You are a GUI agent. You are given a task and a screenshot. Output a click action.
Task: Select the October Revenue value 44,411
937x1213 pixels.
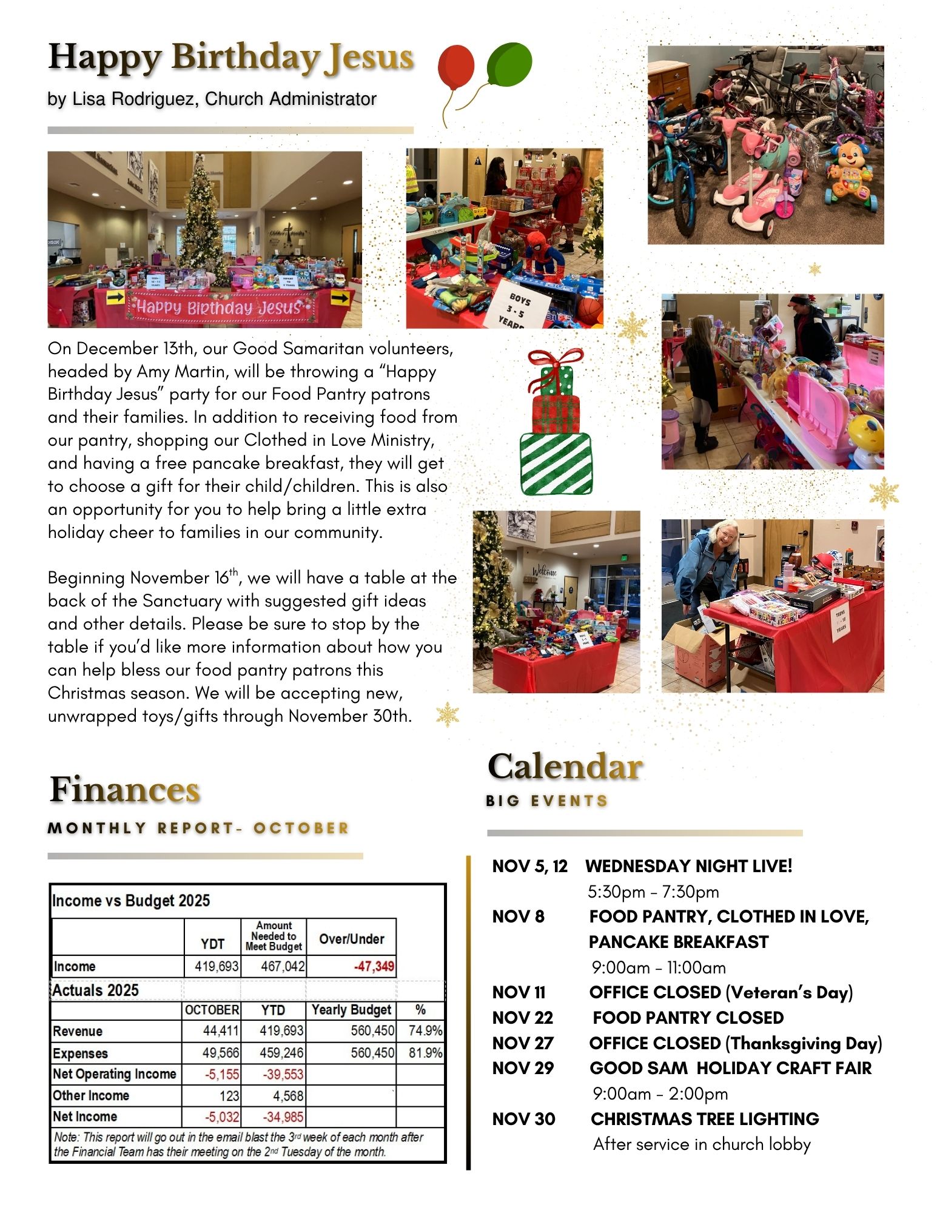point(220,1030)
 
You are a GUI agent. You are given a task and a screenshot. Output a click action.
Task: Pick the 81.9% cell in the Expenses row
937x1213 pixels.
point(425,1052)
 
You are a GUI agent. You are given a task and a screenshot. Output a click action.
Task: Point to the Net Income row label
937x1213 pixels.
point(85,1117)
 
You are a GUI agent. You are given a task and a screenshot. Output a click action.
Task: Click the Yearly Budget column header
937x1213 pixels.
point(351,1010)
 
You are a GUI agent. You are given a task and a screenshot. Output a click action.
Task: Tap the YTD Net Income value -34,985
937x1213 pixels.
point(283,1117)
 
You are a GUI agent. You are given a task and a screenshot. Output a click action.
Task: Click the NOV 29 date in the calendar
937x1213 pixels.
point(523,1068)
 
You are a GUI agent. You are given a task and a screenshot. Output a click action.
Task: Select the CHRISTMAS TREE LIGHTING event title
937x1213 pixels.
point(705,1119)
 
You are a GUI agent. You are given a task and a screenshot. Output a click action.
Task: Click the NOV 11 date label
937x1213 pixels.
point(519,992)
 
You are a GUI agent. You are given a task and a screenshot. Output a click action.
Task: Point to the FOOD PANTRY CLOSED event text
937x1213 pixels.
point(688,1018)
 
